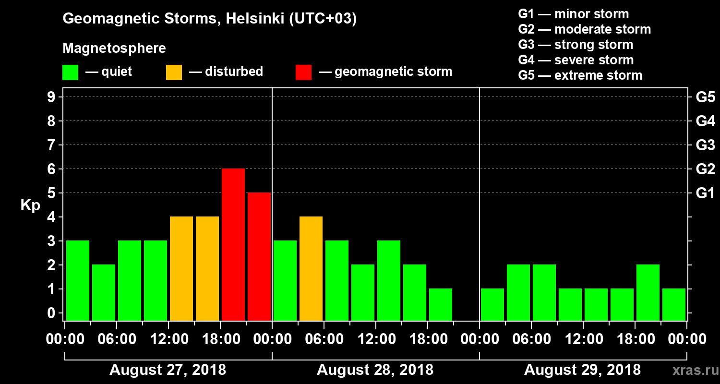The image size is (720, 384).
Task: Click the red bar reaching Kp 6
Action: click(233, 244)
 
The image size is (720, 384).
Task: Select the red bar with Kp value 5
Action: click(259, 256)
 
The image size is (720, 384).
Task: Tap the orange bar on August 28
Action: click(311, 268)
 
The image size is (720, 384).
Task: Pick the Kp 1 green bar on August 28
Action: click(441, 304)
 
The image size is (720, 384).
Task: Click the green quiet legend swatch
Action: click(70, 72)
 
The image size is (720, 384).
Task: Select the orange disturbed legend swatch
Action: click(174, 72)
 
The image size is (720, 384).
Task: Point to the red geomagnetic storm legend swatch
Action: click(304, 72)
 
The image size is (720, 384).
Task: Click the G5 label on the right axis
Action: click(705, 97)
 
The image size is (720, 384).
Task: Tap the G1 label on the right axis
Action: click(705, 193)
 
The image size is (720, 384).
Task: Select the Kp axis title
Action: click(30, 205)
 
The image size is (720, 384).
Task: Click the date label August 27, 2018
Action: click(168, 370)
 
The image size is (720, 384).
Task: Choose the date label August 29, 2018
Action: click(582, 370)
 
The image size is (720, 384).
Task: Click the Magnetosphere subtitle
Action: click(114, 48)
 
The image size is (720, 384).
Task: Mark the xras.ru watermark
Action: click(692, 370)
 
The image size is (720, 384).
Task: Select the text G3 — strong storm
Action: click(576, 45)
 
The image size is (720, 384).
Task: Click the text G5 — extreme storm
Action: click(580, 75)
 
